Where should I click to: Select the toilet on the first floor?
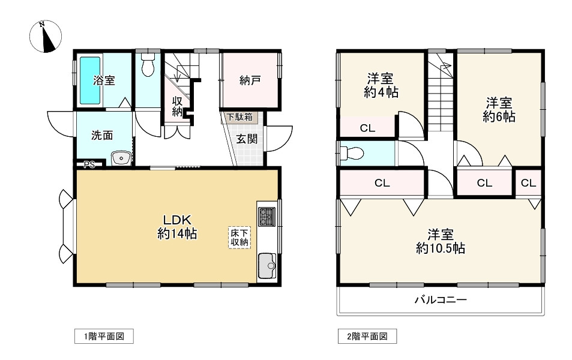pyautogui.click(x=148, y=66)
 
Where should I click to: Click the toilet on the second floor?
pyautogui.click(x=351, y=153)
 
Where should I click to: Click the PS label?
pyautogui.click(x=89, y=164)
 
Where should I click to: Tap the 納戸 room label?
pyautogui.click(x=249, y=80)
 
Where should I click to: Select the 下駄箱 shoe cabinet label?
pyautogui.click(x=243, y=117)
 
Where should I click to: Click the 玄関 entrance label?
pyautogui.click(x=247, y=139)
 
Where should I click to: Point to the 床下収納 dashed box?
pyautogui.click(x=239, y=237)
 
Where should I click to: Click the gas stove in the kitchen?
pyautogui.click(x=266, y=216)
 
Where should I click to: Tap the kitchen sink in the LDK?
pyautogui.click(x=266, y=264)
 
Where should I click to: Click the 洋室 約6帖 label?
pyautogui.click(x=499, y=109)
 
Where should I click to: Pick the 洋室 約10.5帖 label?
pyautogui.click(x=440, y=241)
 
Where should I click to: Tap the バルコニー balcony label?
pyautogui.click(x=440, y=299)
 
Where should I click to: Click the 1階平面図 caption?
pyautogui.click(x=103, y=337)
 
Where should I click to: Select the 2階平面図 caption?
pyautogui.click(x=367, y=337)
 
